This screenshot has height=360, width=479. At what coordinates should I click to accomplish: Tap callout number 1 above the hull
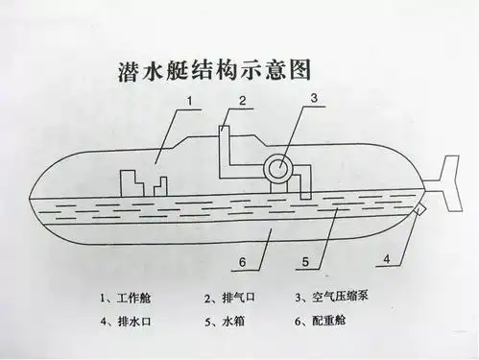(190, 99)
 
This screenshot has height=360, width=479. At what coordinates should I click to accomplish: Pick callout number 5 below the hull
(303, 260)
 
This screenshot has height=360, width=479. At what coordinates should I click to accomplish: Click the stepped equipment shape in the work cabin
(143, 183)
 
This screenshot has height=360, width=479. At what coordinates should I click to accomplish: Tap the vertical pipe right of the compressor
(306, 182)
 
